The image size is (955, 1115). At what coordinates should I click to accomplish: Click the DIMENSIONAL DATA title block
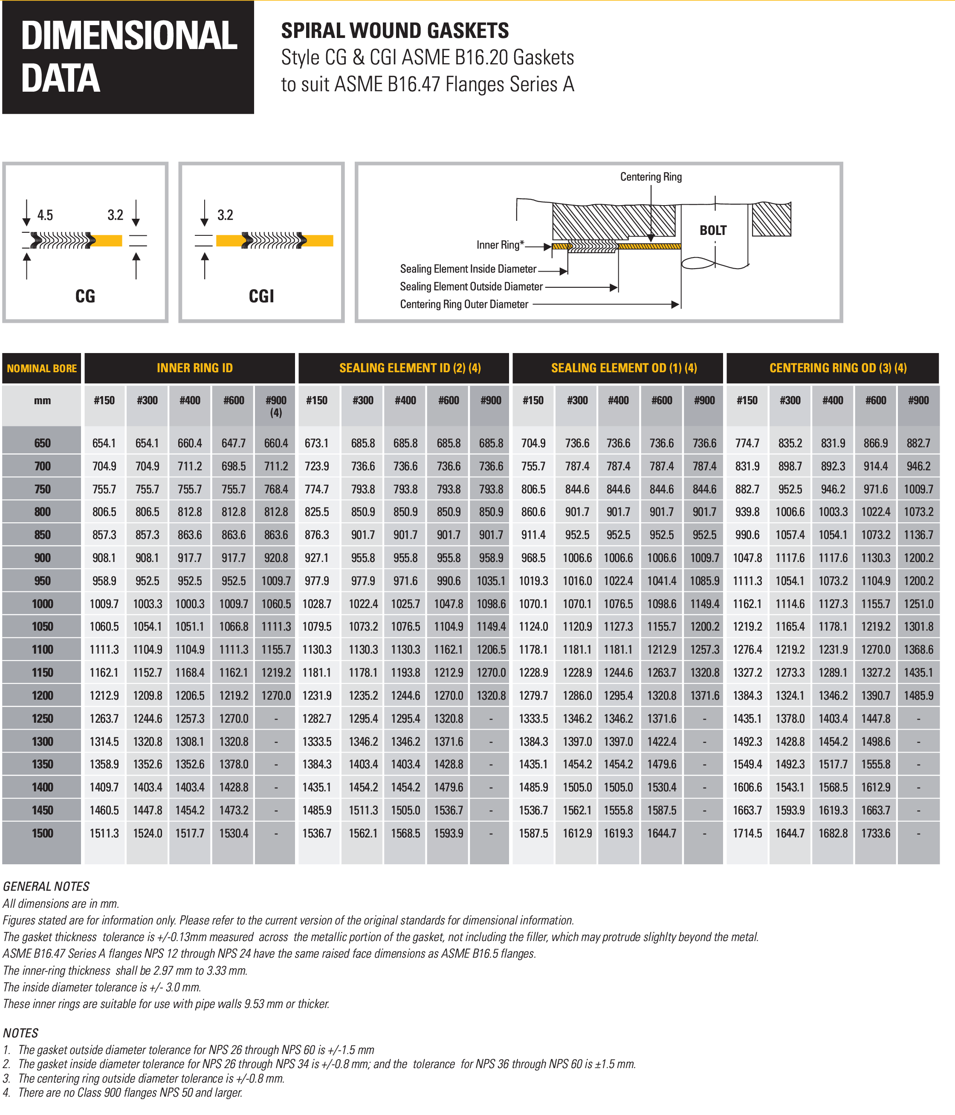[x=128, y=57]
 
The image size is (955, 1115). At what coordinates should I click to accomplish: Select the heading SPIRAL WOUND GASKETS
[x=395, y=31]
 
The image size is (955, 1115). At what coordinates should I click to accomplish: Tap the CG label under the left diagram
[x=85, y=296]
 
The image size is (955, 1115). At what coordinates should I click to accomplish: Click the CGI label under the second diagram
[x=261, y=296]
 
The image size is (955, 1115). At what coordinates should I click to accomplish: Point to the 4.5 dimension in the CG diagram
[x=45, y=215]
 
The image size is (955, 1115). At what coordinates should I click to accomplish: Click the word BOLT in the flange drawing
[x=713, y=230]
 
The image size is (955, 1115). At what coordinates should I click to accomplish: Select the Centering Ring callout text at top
[x=651, y=177]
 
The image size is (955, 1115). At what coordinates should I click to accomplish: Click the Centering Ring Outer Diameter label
[x=464, y=304]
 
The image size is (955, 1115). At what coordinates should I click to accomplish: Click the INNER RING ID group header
[x=195, y=368]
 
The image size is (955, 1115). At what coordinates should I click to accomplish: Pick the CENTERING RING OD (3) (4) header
[x=838, y=368]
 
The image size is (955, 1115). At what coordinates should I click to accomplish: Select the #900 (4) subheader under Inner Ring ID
[x=276, y=406]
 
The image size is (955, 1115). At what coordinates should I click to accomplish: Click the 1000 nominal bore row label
[x=43, y=604]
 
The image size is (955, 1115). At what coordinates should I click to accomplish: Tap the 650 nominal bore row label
[x=43, y=443]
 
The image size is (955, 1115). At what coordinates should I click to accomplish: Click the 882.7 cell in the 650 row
[x=918, y=443]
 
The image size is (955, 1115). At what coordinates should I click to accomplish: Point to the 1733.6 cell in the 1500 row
[x=876, y=833]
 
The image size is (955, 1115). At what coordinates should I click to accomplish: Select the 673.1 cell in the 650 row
[x=317, y=443]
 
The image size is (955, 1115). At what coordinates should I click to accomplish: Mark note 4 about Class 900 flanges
[x=123, y=1092]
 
